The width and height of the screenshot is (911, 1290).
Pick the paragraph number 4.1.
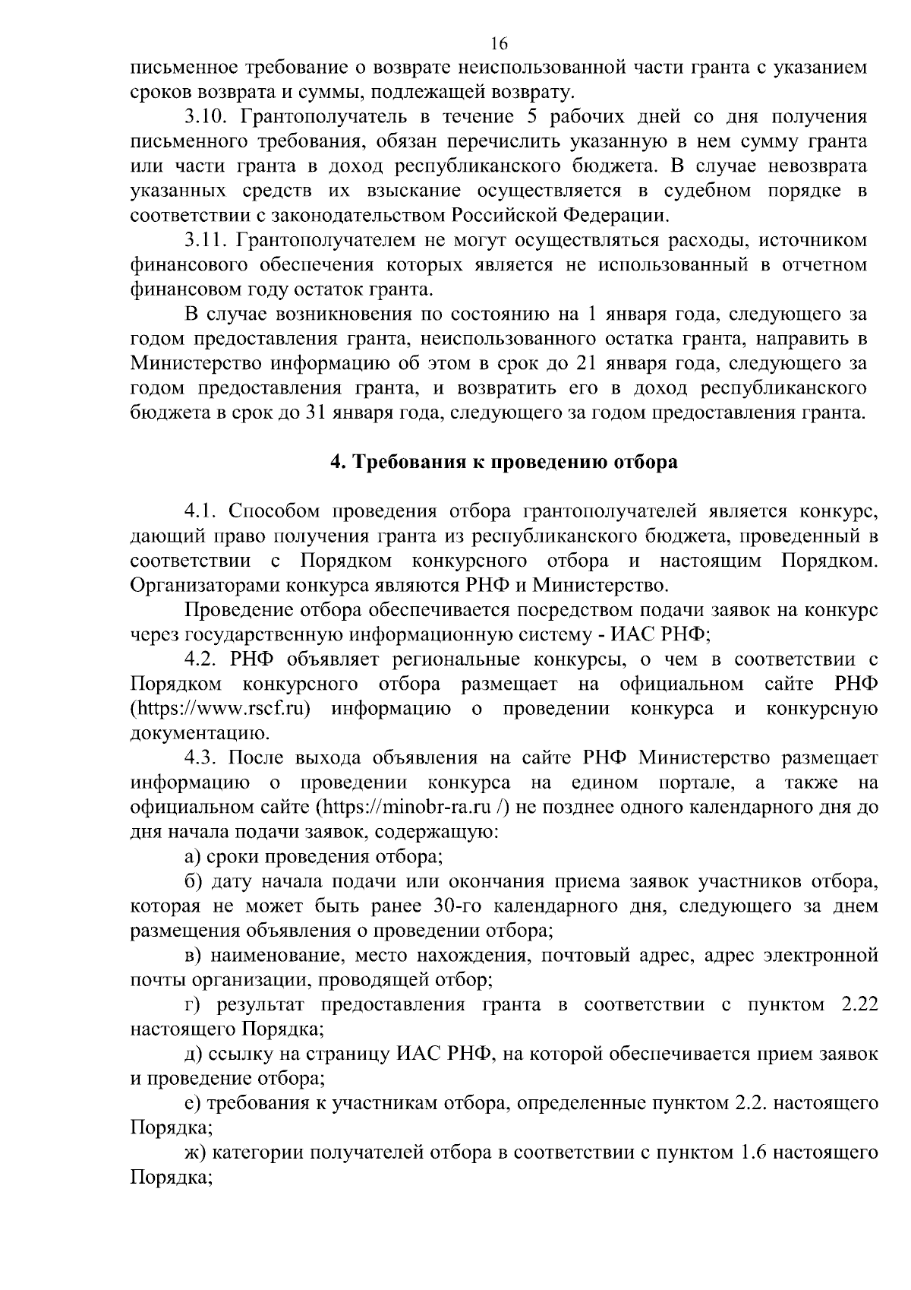click(201, 511)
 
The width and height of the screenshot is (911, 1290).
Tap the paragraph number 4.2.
click(201, 659)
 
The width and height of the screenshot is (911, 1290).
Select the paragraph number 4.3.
click(201, 757)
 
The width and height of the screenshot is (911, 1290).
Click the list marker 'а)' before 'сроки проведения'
click(193, 856)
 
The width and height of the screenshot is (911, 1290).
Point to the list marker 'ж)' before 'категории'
click(195, 1152)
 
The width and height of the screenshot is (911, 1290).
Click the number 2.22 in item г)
click(859, 1004)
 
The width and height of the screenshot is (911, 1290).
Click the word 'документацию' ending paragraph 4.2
click(201, 733)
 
